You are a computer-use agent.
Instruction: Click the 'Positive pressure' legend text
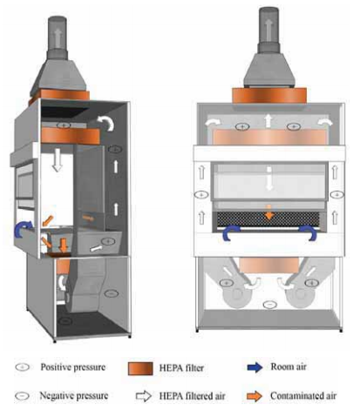tap(73, 367)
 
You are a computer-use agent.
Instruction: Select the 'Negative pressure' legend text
tap(74, 395)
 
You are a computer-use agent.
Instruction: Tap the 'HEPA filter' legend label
tap(181, 368)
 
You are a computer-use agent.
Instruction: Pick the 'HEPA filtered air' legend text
tap(192, 396)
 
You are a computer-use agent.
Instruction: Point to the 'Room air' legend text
tap(289, 367)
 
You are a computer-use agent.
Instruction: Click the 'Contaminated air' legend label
tap(303, 395)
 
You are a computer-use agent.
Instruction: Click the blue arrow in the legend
tap(255, 367)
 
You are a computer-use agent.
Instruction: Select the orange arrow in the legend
tap(255, 396)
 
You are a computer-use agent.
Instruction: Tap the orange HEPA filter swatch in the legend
tap(140, 368)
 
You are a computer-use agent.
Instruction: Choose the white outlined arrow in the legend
tap(144, 396)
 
